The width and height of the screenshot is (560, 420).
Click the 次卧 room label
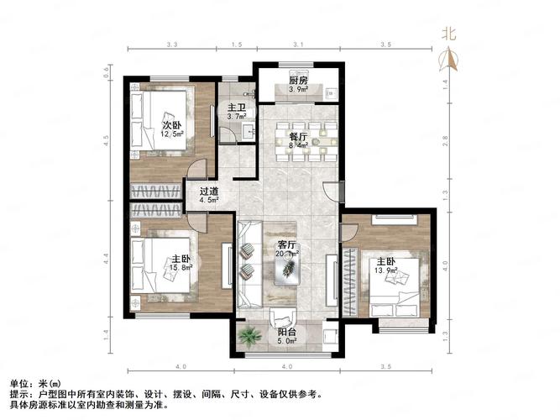(172, 125)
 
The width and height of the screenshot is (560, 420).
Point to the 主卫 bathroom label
(236, 108)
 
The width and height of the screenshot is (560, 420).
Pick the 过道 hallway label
(209, 191)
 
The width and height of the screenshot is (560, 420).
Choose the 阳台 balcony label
(286, 333)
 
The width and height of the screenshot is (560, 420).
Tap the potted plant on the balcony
(248, 336)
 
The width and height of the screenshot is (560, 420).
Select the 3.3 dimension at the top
(172, 44)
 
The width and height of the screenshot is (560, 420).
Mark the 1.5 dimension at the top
(237, 44)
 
